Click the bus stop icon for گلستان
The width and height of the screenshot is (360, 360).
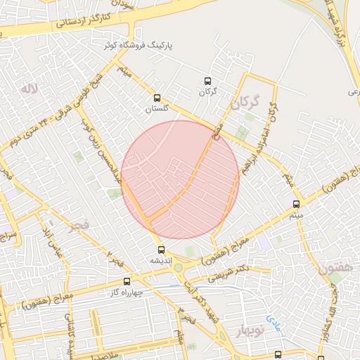[157, 98]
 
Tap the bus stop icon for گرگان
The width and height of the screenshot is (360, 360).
[207, 81]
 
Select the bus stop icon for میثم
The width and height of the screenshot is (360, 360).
[297, 204]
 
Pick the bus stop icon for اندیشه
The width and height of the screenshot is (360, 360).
[161, 250]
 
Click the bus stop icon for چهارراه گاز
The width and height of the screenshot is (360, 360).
[127, 281]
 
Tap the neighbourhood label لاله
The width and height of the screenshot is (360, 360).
[28, 89]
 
